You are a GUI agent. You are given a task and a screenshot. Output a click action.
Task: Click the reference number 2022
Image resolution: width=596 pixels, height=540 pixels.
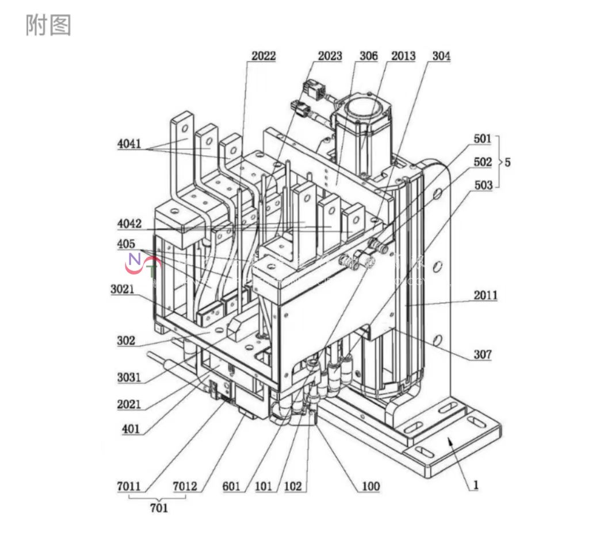[x=263, y=56]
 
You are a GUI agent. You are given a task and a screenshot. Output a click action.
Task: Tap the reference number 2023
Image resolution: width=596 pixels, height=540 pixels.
[x=330, y=56]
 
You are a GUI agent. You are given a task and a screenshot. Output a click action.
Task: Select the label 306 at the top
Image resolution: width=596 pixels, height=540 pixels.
[x=368, y=56]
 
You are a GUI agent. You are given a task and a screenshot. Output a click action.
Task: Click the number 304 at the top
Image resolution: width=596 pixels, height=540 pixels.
[x=441, y=56]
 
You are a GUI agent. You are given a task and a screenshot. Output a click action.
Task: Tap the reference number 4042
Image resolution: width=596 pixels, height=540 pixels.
[x=129, y=223]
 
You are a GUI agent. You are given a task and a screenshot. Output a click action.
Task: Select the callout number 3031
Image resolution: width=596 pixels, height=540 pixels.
[x=129, y=377]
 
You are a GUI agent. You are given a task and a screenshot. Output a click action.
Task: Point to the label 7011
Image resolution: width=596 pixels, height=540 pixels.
[x=129, y=487]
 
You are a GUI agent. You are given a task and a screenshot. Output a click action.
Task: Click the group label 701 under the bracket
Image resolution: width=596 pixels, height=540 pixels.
[x=159, y=508]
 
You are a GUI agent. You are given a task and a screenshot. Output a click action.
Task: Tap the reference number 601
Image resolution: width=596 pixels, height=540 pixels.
[x=232, y=487]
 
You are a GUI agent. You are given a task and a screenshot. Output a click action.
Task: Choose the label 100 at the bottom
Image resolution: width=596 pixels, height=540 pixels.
[x=370, y=487]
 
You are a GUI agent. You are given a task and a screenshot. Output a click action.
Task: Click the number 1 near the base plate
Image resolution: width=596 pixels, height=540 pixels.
[x=476, y=485]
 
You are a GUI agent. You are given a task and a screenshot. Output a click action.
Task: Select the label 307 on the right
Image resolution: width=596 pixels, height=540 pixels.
[x=483, y=354]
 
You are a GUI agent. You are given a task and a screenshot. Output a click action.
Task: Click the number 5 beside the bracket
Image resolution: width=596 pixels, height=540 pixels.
[x=507, y=163]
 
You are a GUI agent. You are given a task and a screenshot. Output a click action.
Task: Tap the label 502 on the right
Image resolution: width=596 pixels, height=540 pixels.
[x=483, y=163]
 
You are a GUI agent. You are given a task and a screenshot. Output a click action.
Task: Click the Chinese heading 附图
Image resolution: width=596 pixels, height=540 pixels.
[x=48, y=26]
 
